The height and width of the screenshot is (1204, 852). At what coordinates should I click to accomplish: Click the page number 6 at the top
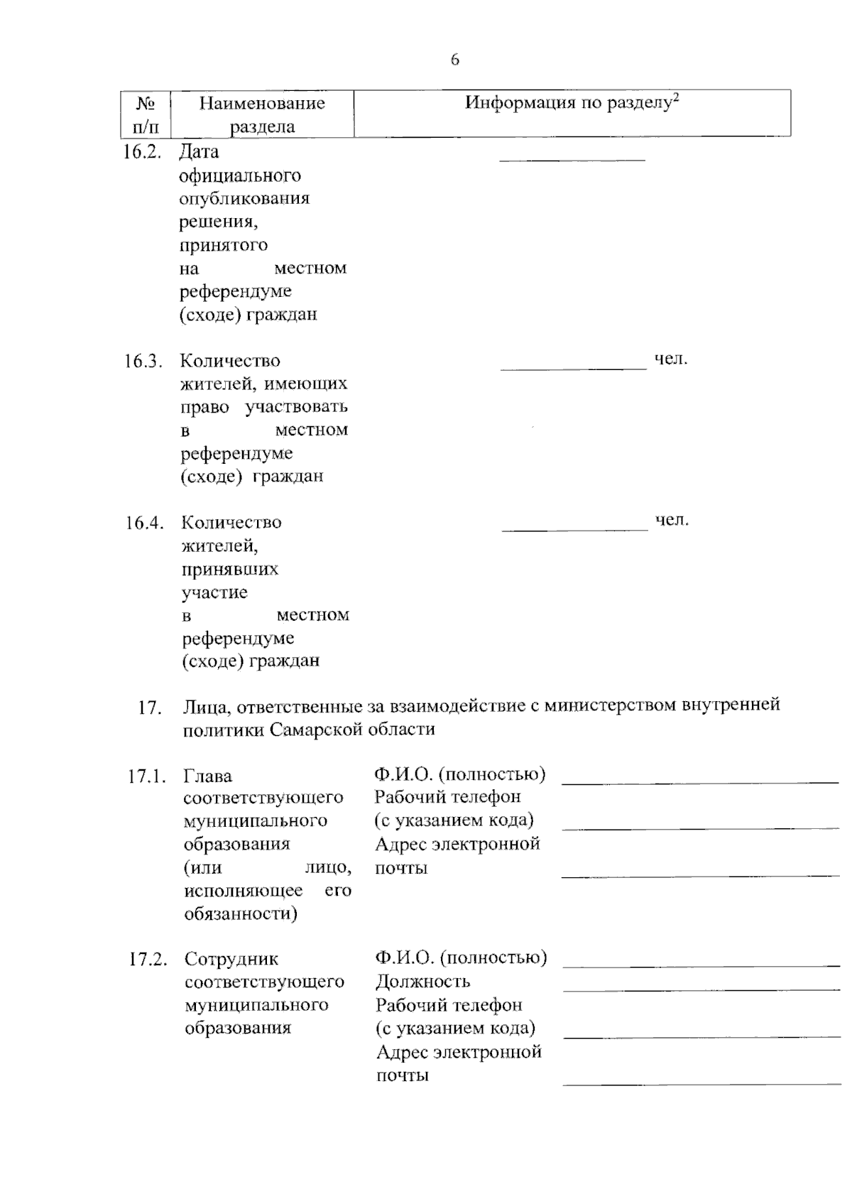tap(455, 60)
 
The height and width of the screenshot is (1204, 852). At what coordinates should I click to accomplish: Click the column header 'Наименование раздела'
tap(262, 114)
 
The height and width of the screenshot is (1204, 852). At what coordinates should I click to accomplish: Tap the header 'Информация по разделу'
tap(572, 103)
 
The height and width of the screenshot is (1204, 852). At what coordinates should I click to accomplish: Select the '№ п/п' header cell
tap(146, 114)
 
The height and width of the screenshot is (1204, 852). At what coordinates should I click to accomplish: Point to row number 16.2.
tap(141, 152)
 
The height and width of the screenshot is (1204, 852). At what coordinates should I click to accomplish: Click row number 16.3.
tap(143, 361)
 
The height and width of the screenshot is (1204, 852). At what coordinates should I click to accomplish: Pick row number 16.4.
tap(144, 523)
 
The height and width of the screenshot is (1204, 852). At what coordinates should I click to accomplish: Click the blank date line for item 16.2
tap(572, 159)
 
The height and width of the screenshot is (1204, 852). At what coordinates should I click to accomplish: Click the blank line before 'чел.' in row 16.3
tap(574, 367)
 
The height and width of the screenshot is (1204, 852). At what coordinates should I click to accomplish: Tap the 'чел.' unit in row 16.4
tap(672, 521)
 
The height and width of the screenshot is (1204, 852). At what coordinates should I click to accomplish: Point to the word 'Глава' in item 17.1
tap(207, 776)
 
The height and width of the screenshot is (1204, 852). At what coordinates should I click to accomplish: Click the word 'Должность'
tap(422, 982)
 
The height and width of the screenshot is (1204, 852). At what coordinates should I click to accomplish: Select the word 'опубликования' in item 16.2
tap(244, 198)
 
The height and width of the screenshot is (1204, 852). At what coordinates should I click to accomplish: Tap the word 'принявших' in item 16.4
tap(230, 570)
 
